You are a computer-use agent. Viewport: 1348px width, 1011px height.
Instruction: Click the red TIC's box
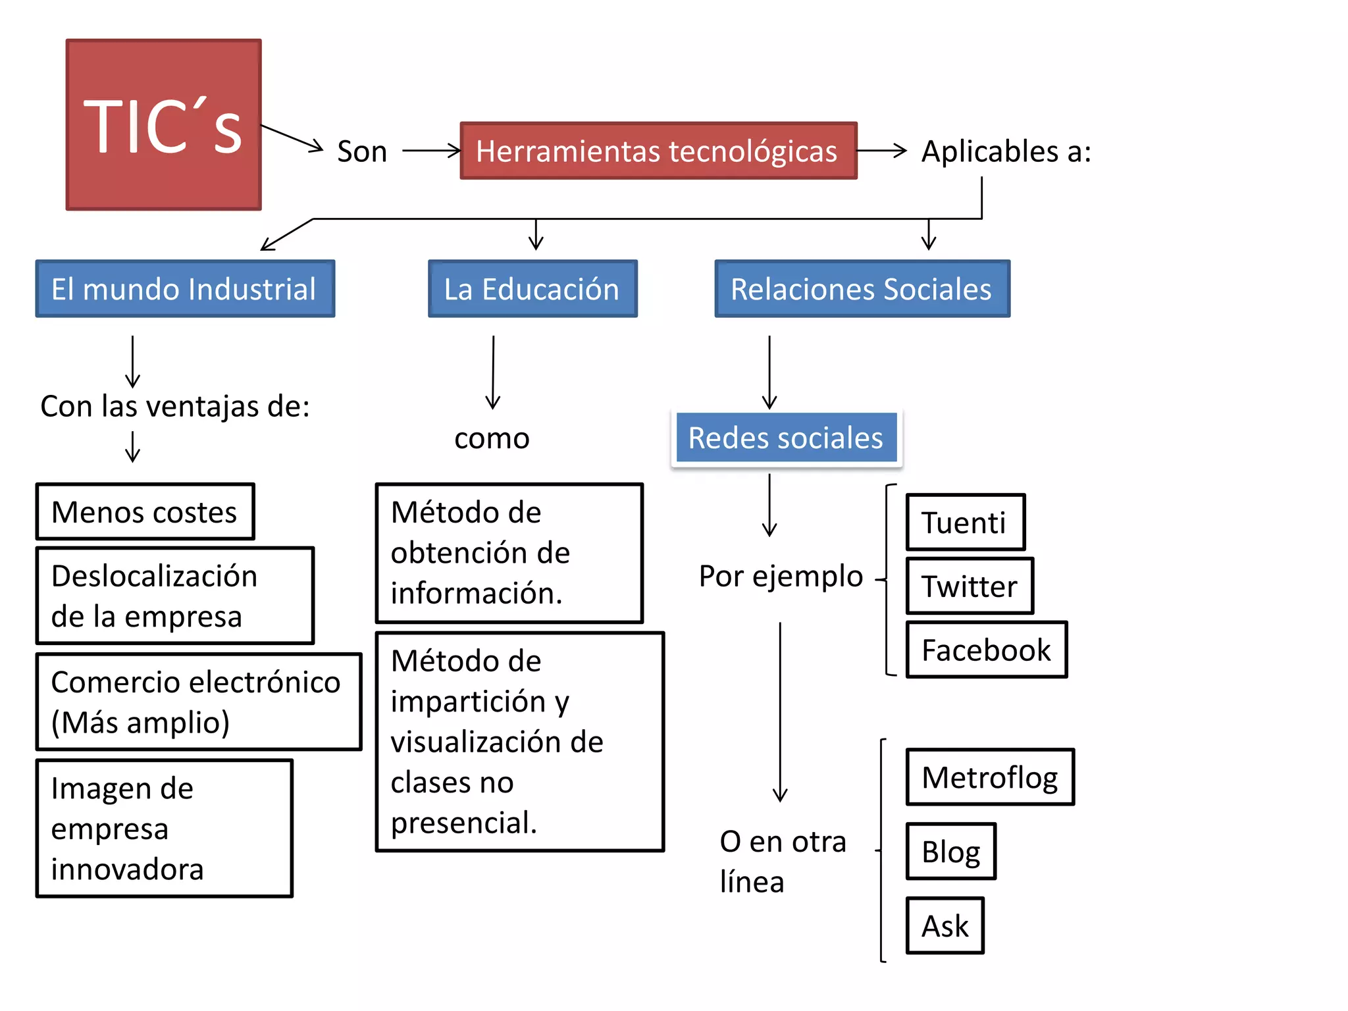click(163, 124)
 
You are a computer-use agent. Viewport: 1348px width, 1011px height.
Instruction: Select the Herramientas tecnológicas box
click(658, 151)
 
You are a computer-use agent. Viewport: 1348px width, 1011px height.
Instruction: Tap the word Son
click(361, 151)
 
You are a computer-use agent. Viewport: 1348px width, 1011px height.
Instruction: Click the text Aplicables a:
click(1006, 151)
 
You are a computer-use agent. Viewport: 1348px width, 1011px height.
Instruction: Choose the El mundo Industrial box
click(185, 289)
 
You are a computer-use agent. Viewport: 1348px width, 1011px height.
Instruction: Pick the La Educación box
click(532, 289)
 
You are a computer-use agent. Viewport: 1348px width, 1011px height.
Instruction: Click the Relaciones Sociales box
click(862, 289)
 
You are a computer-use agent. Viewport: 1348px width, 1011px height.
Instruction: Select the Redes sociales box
click(786, 438)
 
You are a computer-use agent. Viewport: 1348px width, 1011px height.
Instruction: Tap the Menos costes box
click(145, 512)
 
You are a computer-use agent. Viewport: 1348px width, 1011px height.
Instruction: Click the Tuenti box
click(965, 523)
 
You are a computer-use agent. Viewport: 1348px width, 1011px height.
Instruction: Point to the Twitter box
click(970, 586)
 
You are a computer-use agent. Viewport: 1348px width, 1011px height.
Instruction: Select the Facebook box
click(986, 650)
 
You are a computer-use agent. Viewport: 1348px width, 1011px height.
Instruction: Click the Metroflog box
click(989, 777)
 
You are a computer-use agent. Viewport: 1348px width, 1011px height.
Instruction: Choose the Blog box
click(950, 851)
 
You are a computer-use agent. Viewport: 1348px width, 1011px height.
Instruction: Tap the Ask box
click(945, 925)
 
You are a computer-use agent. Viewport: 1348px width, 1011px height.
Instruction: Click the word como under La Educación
click(492, 438)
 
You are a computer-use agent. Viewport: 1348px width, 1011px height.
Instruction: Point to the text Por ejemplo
click(781, 576)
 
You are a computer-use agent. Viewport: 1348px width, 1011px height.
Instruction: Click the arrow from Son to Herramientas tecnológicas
click(431, 151)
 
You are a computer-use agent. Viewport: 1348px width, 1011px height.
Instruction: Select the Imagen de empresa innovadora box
click(164, 828)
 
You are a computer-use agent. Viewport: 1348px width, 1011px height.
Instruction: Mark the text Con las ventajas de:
click(175, 406)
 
